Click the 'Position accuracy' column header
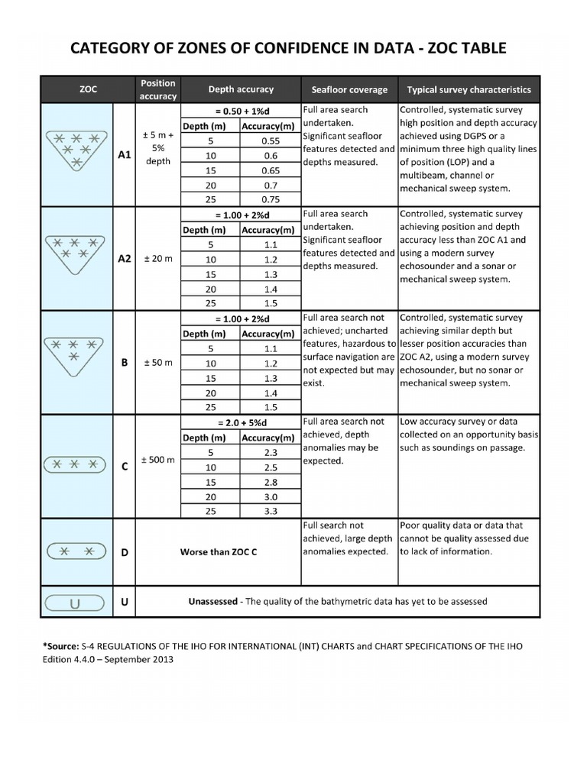(x=157, y=89)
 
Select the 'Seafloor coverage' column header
(x=349, y=89)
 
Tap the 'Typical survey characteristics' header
(x=469, y=89)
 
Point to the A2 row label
(x=125, y=259)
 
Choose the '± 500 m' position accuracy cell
(x=159, y=460)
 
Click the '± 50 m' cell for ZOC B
(x=159, y=363)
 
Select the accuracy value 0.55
(x=270, y=141)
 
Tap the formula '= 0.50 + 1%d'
(x=241, y=110)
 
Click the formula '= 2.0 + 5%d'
(x=241, y=422)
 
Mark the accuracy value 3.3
(x=270, y=511)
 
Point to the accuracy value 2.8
(x=270, y=481)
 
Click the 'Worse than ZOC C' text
(x=218, y=551)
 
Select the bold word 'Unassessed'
(x=213, y=601)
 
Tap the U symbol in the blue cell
(x=75, y=603)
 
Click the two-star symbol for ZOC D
(x=75, y=551)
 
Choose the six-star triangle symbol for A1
(x=75, y=150)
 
